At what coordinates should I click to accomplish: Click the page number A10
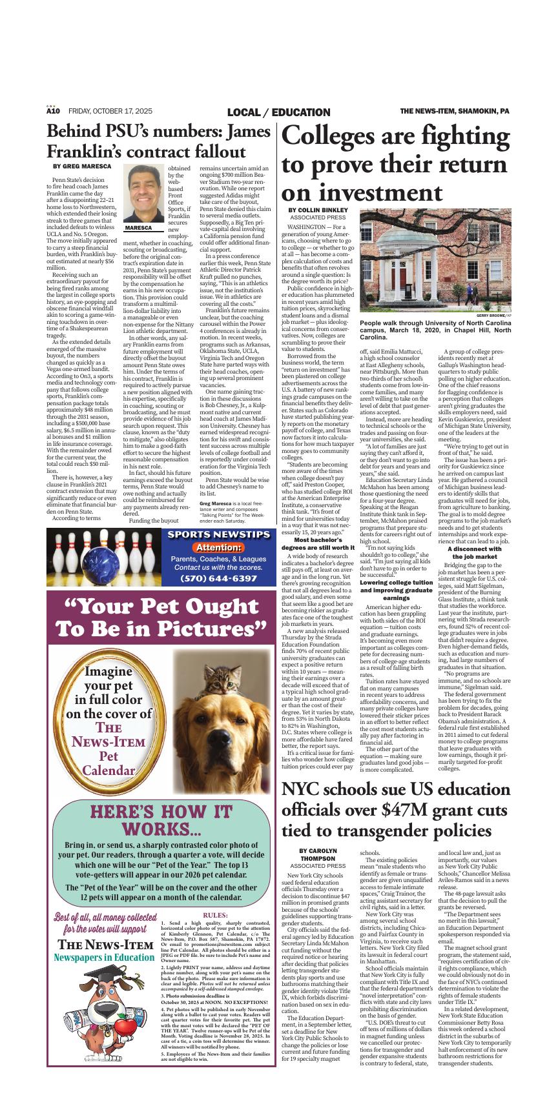[52, 112]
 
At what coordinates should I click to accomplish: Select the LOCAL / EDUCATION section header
[278, 112]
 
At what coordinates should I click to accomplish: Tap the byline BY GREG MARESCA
[82, 166]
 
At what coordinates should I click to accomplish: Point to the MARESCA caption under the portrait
[139, 228]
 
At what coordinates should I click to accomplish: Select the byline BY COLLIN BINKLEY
[318, 210]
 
